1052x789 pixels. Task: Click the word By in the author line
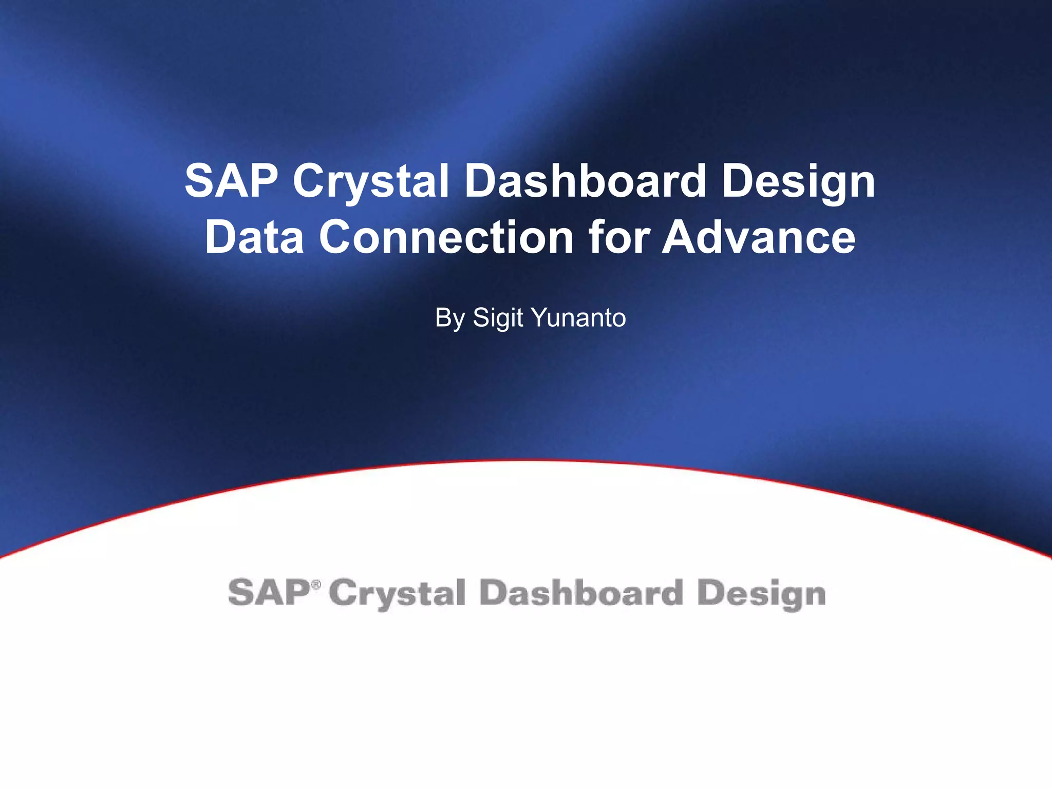click(450, 318)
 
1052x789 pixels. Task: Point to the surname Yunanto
click(579, 318)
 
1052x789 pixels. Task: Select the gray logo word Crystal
click(397, 594)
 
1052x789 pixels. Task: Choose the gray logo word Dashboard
click(581, 593)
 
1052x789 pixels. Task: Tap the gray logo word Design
click(761, 594)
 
